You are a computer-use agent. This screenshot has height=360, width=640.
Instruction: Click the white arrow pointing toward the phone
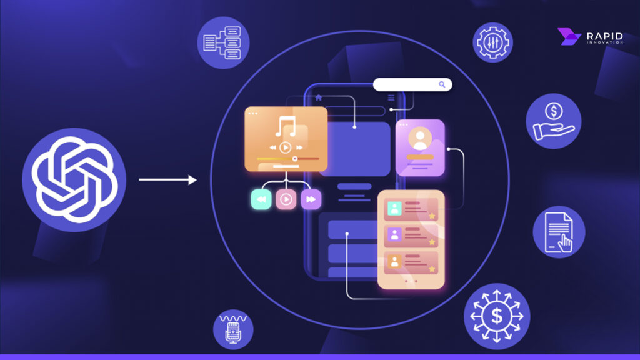point(167,180)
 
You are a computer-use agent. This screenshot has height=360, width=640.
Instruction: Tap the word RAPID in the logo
point(604,36)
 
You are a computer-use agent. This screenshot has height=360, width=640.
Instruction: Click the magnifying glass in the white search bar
point(442,84)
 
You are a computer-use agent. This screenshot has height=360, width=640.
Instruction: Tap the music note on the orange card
point(286,127)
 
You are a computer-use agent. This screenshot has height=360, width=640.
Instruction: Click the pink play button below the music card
point(286,199)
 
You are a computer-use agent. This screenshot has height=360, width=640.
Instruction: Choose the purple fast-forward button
point(311,199)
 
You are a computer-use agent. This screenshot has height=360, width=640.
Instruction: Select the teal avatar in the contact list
point(394,209)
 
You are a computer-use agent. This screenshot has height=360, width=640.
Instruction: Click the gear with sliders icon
point(492,42)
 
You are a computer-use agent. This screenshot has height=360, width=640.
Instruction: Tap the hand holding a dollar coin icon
point(553,121)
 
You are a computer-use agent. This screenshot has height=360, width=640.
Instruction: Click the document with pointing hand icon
point(559,232)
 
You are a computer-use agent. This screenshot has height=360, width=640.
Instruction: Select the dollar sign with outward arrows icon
point(497,316)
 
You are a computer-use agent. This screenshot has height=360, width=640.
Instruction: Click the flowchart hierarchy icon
point(223,42)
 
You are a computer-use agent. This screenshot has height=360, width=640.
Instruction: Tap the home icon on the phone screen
point(319,97)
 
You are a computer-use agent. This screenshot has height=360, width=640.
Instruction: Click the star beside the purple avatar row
point(431,241)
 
